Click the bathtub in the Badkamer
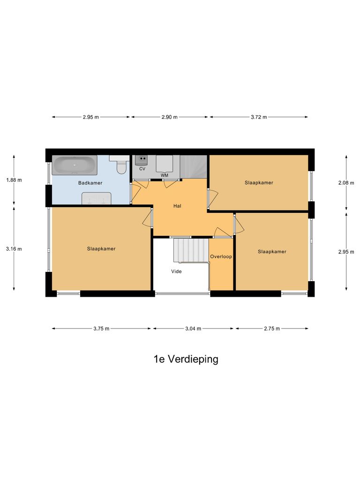[x=75, y=165]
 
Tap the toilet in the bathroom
[x=122, y=165]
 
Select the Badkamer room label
[x=90, y=183]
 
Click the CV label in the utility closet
[x=142, y=168]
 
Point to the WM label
[x=165, y=175]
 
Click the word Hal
[x=177, y=205]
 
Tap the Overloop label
[x=221, y=256]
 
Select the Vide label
[x=176, y=271]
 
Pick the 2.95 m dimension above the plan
[x=90, y=117]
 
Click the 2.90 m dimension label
[x=170, y=117]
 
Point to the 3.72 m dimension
[x=259, y=117]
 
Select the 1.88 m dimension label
[x=14, y=180]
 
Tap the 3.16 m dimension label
[x=14, y=249]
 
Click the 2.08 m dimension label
[x=346, y=183]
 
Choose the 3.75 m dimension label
[x=101, y=329]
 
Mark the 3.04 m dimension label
[x=193, y=329]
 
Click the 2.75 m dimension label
[x=271, y=329]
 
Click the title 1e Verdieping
[x=186, y=360]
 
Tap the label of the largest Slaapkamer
[x=101, y=249]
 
